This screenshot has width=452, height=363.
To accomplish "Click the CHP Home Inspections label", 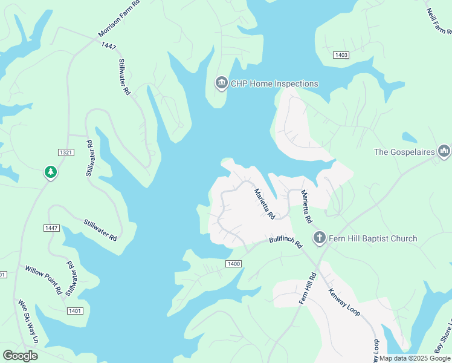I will (274, 83).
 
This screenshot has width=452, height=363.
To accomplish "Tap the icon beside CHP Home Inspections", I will (221, 83).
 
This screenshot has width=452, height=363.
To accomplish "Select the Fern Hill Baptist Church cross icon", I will (319, 238).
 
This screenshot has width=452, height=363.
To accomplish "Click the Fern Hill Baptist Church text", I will (373, 238).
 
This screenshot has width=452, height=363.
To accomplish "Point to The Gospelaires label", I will (404, 152).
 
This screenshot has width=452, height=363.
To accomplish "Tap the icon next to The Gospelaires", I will (444, 151).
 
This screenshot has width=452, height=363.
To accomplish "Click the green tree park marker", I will (51, 173).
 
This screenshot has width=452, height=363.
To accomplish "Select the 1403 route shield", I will (341, 55).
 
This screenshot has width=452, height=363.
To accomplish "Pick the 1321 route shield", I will (66, 152).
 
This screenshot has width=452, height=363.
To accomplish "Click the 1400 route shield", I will (234, 264).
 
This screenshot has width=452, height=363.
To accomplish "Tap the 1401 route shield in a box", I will (75, 310).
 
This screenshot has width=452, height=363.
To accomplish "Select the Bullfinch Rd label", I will (285, 243).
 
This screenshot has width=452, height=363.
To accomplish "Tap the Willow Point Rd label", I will (43, 279).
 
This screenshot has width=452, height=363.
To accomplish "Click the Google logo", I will (20, 356).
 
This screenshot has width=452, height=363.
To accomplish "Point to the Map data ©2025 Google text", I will (415, 358).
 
